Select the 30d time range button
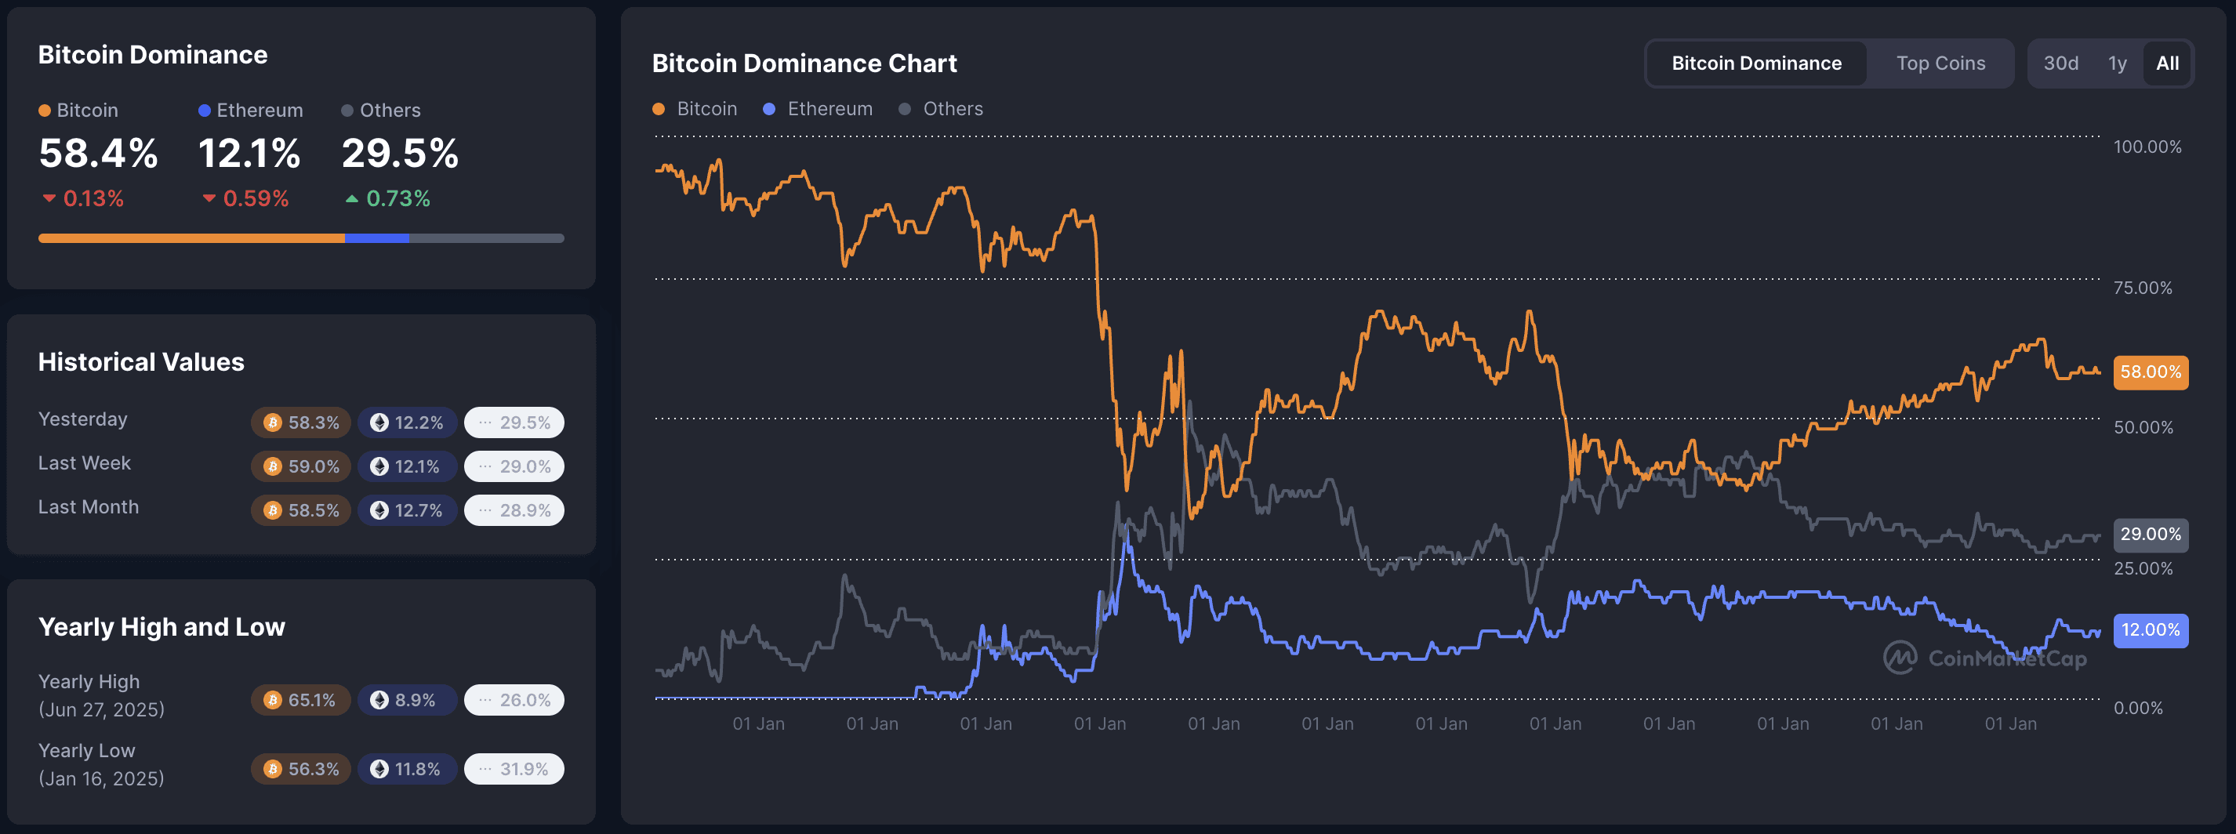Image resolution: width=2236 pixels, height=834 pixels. tap(2060, 63)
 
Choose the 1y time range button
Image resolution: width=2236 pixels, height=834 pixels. tap(2117, 63)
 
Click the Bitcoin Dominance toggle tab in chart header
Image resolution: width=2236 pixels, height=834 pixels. tap(1756, 63)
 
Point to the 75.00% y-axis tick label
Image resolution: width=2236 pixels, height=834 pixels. tap(2142, 287)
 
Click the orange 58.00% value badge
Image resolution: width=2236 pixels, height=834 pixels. tap(2150, 372)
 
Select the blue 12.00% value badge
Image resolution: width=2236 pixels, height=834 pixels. tap(2150, 630)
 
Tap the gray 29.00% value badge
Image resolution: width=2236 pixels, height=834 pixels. tap(2150, 535)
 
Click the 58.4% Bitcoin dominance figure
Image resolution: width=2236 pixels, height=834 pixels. tap(98, 154)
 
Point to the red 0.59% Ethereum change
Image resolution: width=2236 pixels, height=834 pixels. tap(245, 199)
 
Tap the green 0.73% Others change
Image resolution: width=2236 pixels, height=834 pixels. tap(388, 199)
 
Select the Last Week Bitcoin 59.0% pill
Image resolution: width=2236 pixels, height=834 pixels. tap(301, 467)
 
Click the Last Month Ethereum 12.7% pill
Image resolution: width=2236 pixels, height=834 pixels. tap(407, 510)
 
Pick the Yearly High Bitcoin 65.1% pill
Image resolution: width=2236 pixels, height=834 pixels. tap(300, 700)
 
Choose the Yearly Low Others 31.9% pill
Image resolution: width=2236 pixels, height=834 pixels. tap(514, 770)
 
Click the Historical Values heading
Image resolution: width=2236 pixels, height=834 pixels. tap(141, 362)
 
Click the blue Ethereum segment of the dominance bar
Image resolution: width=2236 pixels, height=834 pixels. tap(376, 238)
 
